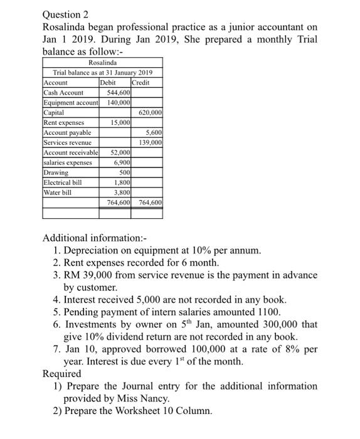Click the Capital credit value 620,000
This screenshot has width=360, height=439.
151,112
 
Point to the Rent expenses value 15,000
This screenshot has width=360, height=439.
120,122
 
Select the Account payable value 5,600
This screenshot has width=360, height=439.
154,132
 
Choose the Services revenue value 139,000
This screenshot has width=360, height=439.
151,142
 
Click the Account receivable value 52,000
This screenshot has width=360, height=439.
120,152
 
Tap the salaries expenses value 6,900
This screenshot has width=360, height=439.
122,162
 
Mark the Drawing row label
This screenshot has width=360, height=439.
55,172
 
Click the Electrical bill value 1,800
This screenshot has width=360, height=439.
122,182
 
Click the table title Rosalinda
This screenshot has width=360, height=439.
102,63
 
